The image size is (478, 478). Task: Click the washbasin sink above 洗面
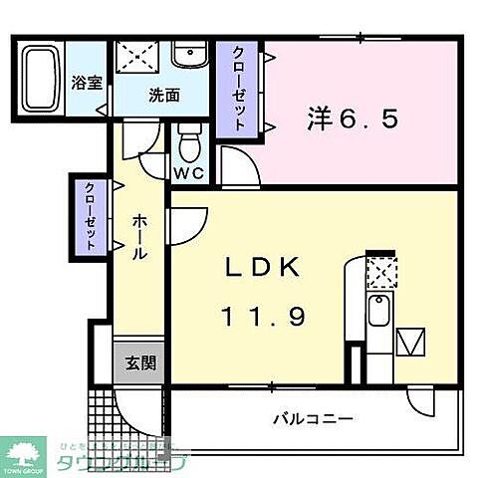pos(186,55)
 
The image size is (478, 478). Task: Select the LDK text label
pos(261,269)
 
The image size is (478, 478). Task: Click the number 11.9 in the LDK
pos(261,316)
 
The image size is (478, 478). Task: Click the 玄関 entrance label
pos(139,362)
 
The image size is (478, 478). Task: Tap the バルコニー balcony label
pos(313,419)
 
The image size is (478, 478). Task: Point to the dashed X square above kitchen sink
pos(379,272)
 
